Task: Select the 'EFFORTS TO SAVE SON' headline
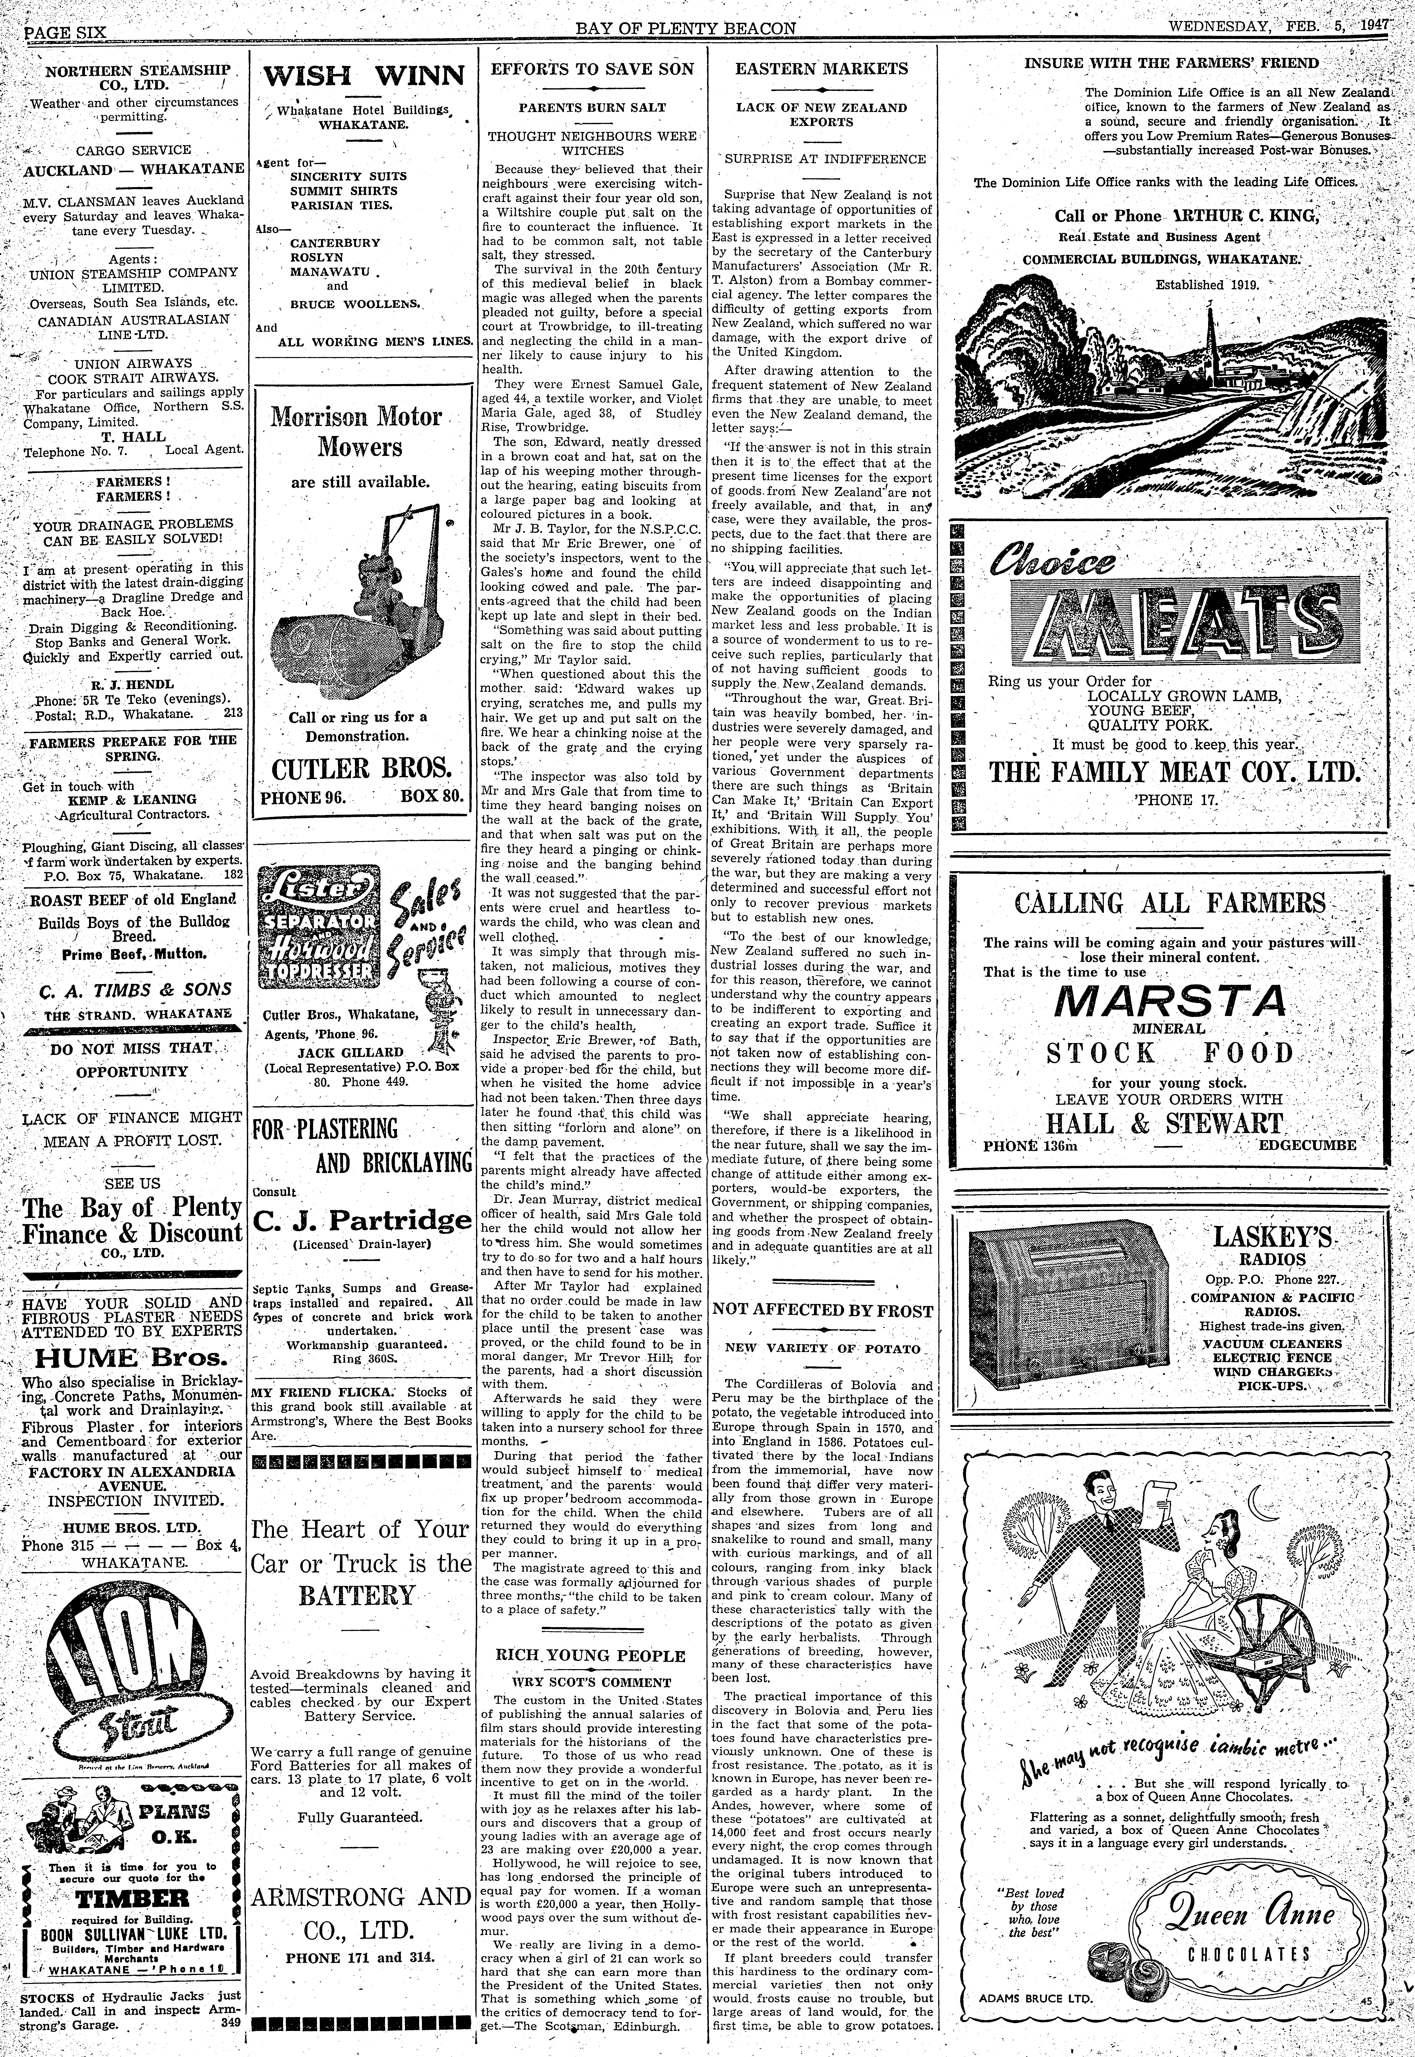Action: point(592,69)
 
